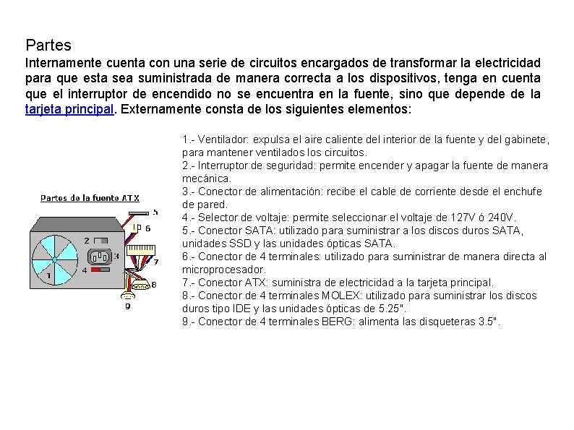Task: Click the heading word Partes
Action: coord(48,45)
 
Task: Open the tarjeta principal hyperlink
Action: coord(69,110)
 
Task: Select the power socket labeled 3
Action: coord(99,257)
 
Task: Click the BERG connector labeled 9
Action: coord(128,296)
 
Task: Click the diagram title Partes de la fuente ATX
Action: coord(90,197)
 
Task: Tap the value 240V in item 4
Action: coord(500,218)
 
